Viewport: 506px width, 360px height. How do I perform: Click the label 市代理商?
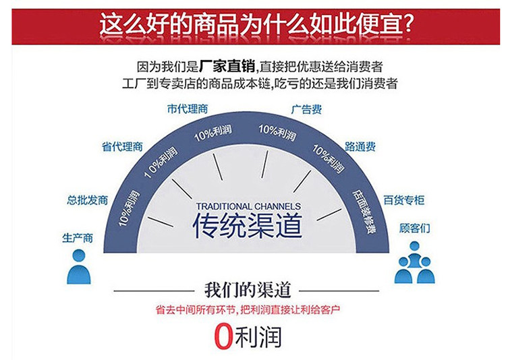point(188,109)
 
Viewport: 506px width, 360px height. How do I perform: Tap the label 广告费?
point(306,109)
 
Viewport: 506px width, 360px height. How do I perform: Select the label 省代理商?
point(122,147)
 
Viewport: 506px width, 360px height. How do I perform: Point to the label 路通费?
point(360,147)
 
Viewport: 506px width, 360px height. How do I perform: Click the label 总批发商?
point(88,200)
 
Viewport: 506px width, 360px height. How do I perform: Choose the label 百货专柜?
point(404,200)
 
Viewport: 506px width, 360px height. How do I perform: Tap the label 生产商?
point(78,238)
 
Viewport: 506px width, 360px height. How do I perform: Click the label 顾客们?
point(415,228)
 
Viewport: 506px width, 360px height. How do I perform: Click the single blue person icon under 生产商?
point(79,267)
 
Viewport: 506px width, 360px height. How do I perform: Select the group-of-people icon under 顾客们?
point(415,262)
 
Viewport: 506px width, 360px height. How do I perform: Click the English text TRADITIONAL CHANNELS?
point(248,206)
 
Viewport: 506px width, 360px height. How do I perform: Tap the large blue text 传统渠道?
point(248,225)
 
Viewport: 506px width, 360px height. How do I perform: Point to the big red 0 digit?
point(223,336)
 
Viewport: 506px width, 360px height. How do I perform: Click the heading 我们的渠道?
point(248,290)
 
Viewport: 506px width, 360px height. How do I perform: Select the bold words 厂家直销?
point(227,67)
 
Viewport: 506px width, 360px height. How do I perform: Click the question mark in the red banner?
point(408,24)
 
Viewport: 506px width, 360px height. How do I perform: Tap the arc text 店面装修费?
point(364,212)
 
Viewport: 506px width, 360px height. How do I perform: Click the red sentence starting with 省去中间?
point(248,310)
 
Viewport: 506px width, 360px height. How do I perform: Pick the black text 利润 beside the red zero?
point(258,337)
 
